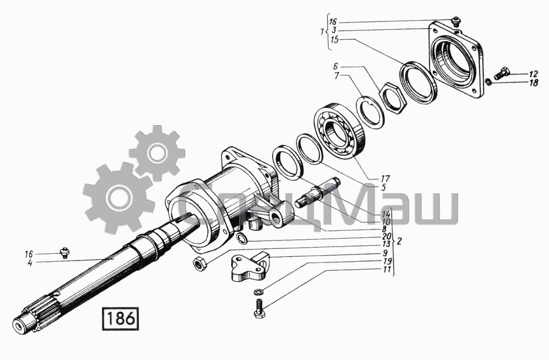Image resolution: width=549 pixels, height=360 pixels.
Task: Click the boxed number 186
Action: [x=120, y=319]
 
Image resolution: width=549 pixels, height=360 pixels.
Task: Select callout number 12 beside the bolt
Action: [x=533, y=74]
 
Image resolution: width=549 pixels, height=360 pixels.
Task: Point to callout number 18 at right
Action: [x=534, y=83]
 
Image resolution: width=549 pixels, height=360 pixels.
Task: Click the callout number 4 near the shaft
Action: [x=30, y=263]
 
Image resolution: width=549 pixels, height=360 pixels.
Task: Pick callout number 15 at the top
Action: [x=335, y=40]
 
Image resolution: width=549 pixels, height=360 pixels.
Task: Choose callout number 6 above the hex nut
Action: [x=335, y=66]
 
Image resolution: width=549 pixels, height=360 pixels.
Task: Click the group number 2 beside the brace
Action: [x=400, y=241]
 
